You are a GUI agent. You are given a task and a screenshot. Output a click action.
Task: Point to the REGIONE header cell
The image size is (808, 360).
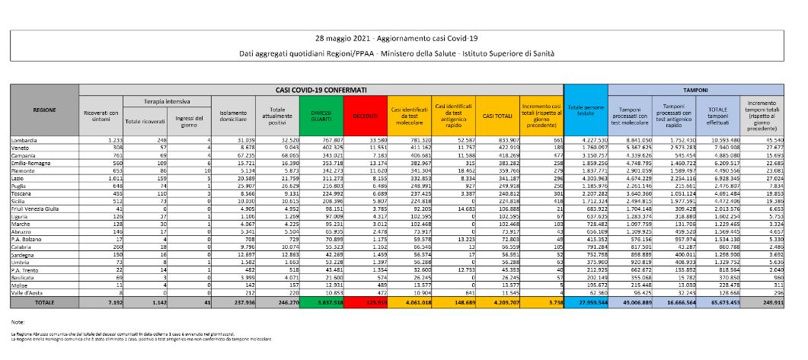point(44,110)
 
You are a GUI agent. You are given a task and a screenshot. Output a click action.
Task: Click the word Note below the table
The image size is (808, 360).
point(18,323)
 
